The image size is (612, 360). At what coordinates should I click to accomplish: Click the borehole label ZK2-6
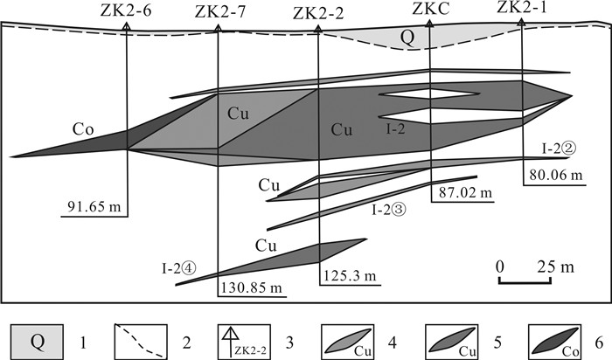click(x=126, y=10)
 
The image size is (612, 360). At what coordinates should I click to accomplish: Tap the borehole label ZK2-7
click(x=220, y=12)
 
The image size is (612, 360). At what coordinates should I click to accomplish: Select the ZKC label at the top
click(x=431, y=10)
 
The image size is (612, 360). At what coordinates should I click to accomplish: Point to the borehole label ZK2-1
click(x=521, y=8)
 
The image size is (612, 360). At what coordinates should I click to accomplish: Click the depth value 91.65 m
click(x=94, y=205)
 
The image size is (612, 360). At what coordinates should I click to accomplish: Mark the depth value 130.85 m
click(x=252, y=287)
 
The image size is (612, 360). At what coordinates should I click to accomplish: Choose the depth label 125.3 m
click(x=350, y=276)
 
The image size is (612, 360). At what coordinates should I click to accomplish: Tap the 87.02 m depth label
click(x=465, y=193)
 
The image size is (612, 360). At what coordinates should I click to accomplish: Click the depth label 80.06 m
click(x=556, y=175)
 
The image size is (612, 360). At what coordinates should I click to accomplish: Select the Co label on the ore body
click(x=83, y=129)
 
